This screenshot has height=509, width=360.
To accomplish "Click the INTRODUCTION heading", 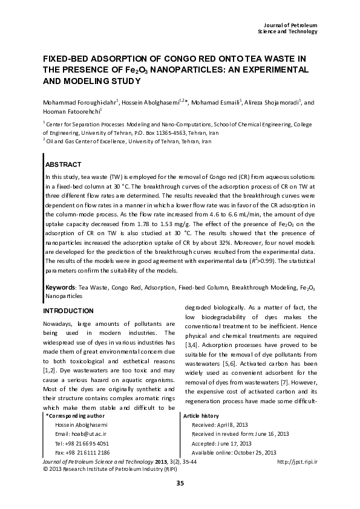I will (x=68, y=311).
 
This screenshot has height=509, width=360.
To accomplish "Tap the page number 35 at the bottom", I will (x=180, y=482).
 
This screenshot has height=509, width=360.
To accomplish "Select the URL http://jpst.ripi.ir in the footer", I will (x=297, y=462).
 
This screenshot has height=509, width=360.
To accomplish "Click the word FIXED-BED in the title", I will (x=67, y=59).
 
